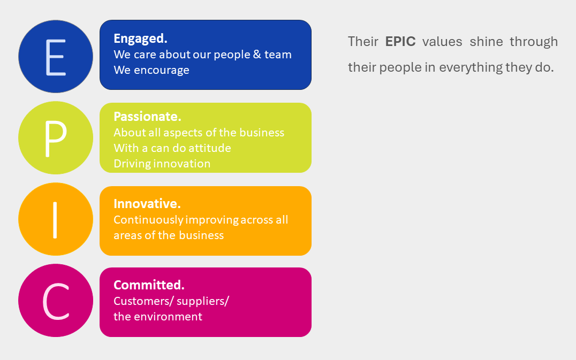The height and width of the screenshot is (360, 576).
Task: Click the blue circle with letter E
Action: [56, 57]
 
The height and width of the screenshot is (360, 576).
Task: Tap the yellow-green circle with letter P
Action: [56, 138]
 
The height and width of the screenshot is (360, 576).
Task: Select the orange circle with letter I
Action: [56, 219]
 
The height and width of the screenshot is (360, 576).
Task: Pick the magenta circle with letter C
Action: [56, 301]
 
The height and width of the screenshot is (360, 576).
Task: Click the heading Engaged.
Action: [140, 39]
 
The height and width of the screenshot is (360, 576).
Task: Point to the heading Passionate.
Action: [147, 116]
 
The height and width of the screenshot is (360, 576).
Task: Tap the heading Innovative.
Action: [147, 203]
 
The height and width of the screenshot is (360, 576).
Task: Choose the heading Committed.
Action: [149, 285]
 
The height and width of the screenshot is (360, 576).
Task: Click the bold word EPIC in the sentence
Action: [400, 42]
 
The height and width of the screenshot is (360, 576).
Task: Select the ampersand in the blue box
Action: [257, 55]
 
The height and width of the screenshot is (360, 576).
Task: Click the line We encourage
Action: [151, 70]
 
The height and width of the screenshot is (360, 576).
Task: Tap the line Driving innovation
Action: [162, 163]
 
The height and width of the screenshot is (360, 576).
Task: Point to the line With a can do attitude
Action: [172, 148]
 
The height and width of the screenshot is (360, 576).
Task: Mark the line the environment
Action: [158, 316]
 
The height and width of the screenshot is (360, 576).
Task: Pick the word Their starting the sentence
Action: [363, 42]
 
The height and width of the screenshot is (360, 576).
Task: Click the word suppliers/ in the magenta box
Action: [203, 301]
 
